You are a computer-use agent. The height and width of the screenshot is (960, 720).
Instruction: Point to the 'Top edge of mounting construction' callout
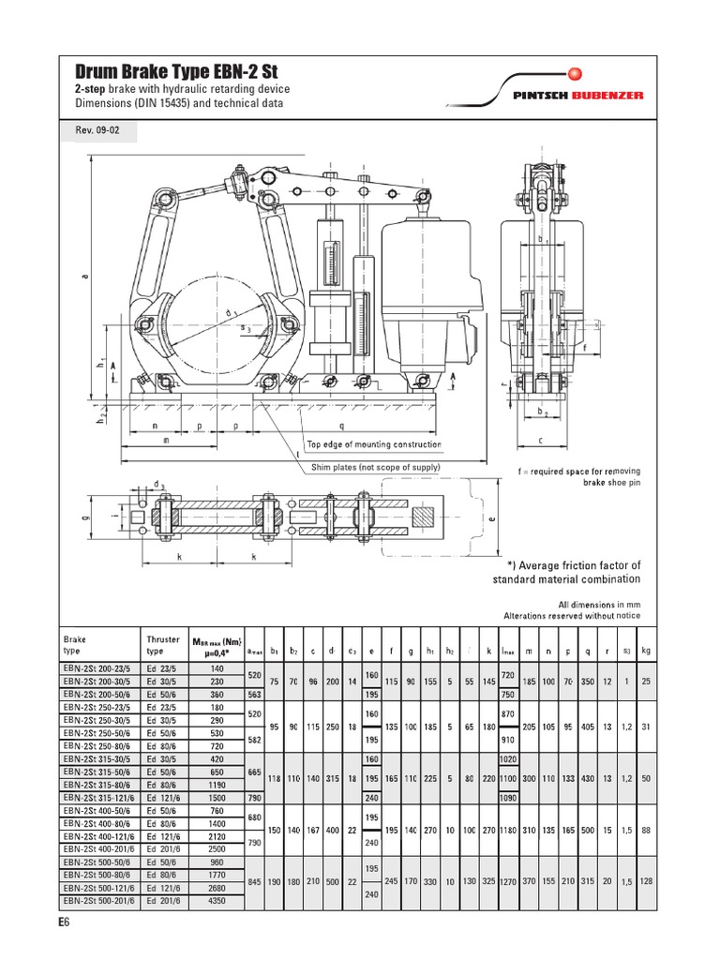373,445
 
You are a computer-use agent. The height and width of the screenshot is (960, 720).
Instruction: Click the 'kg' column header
647,649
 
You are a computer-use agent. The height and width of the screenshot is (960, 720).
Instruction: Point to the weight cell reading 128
646,882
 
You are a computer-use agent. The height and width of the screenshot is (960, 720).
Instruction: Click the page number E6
63,924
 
